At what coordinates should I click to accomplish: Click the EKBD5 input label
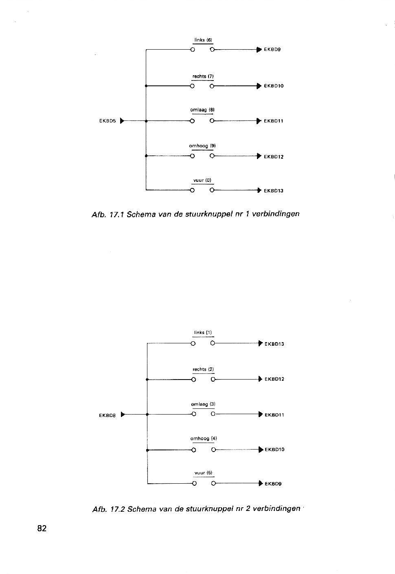[108, 121]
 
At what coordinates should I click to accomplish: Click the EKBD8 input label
[107, 415]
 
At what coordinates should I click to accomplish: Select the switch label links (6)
[203, 40]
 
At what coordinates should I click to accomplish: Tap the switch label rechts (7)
[203, 76]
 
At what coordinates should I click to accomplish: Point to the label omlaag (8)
[202, 110]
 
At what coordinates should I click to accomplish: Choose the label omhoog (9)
[202, 146]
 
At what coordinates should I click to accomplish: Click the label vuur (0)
[202, 180]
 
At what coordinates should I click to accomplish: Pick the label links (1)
[203, 333]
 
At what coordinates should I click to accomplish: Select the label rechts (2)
[203, 369]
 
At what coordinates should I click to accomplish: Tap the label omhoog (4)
[203, 439]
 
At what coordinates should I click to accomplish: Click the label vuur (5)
[203, 473]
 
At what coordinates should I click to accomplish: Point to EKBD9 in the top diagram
[272, 50]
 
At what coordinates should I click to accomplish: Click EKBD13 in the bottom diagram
[274, 344]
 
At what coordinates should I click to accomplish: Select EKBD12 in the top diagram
[274, 157]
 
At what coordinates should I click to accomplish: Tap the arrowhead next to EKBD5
[122, 120]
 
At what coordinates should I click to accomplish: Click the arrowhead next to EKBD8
[123, 415]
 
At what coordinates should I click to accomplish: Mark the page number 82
[42, 528]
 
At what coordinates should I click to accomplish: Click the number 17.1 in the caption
[117, 214]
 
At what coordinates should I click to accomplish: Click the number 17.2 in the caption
[117, 509]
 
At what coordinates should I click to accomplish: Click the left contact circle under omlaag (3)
[194, 414]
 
